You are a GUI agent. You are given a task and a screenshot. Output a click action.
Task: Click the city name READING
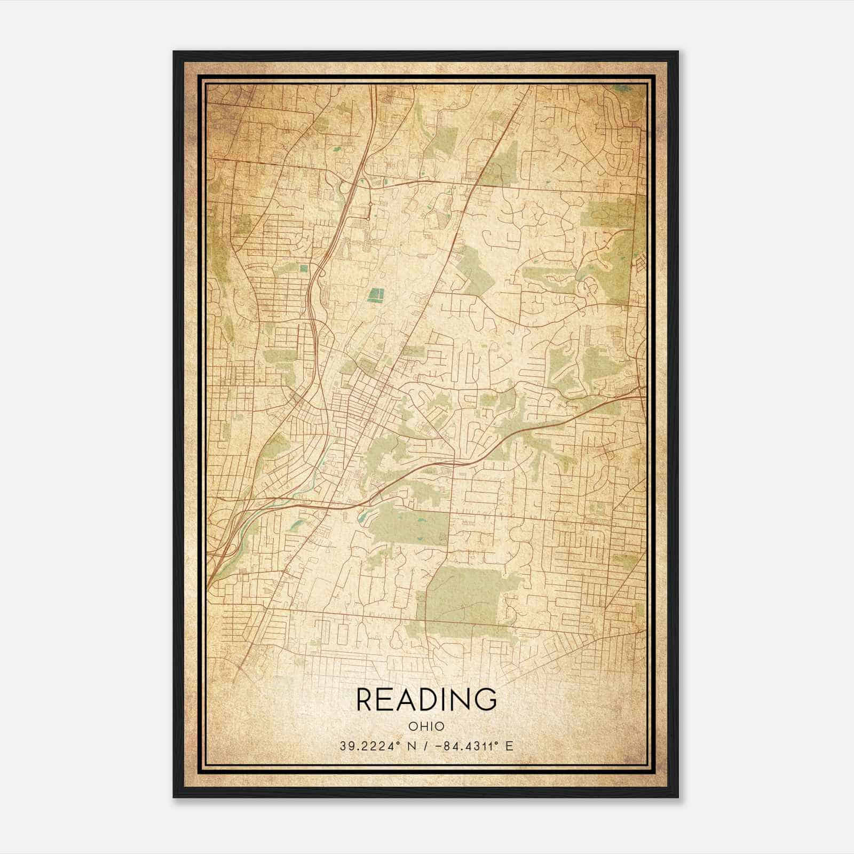pos(426,699)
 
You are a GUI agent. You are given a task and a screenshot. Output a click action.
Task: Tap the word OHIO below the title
pos(426,726)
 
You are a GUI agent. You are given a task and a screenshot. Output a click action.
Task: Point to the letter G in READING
pos(486,699)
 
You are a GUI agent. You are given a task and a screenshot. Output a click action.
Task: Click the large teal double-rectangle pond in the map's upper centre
pos(377,294)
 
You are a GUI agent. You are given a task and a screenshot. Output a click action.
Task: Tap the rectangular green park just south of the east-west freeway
pos(408,525)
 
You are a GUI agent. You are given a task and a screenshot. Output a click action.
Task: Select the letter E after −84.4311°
pos(510,746)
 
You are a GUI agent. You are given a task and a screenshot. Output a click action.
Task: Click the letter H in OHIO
pos(422,726)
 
